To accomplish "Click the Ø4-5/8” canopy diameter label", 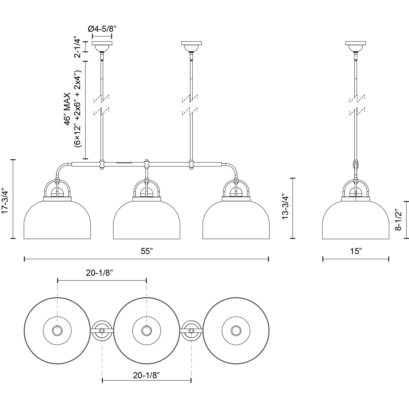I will (102, 29).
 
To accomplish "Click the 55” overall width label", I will (147, 251).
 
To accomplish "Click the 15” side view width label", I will (356, 251).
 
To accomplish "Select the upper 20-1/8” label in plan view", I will (99, 273).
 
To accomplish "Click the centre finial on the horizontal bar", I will (146, 161).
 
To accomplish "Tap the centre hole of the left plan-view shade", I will (57, 331).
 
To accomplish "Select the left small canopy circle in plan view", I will (102, 331).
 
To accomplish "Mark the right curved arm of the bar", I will (232, 169).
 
